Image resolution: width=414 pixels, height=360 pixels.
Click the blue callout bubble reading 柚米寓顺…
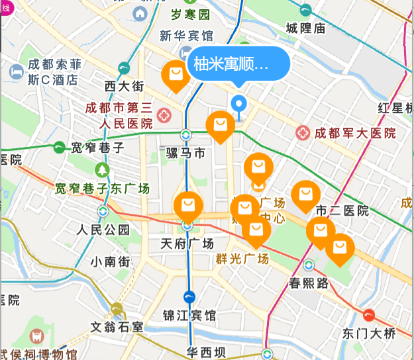pos(240,64)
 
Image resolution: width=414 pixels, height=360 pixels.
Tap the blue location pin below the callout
pos(238,104)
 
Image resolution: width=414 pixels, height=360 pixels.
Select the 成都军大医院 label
pos(354,133)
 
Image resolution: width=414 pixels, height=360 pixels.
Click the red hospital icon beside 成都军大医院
pos(303,133)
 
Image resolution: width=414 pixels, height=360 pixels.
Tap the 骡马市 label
pos(186,154)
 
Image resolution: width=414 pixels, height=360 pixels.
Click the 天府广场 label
pos(187,243)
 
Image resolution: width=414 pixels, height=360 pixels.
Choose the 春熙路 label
pos(309,283)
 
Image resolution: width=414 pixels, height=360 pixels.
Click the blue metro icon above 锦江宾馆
pos(189,297)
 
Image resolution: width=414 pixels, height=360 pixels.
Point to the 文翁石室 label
pos(117,326)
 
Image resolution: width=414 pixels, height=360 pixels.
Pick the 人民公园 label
pos(103,230)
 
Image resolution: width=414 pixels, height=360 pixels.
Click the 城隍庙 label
pos(305,28)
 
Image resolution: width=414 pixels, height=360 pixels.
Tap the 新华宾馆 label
pos(186,35)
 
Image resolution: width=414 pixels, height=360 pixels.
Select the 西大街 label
pos(124,86)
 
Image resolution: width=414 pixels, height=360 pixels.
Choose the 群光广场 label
pos(242,259)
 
